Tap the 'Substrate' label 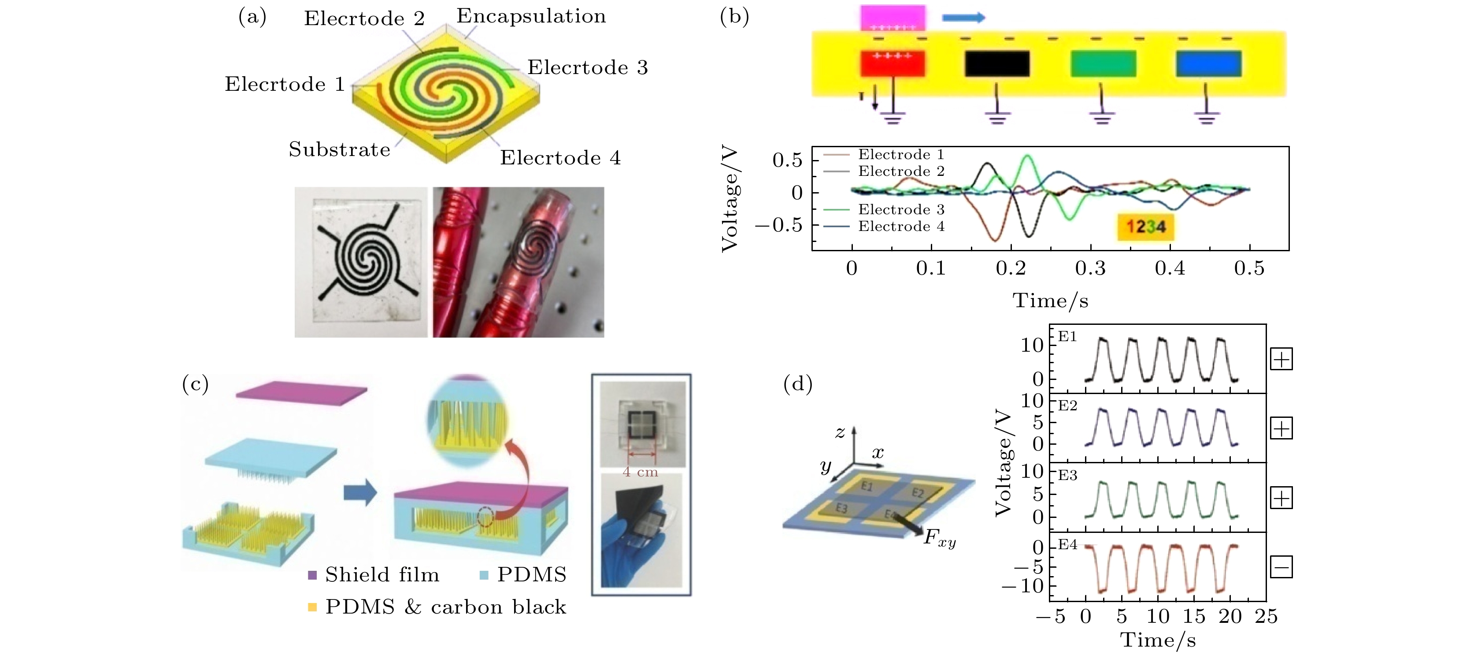coord(339,149)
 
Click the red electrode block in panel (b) coord(893,63)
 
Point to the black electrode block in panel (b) coord(997,63)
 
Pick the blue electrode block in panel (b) coord(1208,63)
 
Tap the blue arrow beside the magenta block coord(963,18)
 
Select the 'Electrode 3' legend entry coord(884,209)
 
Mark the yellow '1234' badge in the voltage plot coord(1145,227)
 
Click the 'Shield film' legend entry coord(374,575)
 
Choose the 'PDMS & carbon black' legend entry coord(437,607)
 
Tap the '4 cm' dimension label coord(640,473)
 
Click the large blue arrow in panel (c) coord(360,492)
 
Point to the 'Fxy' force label coord(940,538)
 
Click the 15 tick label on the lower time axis coord(1194,617)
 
